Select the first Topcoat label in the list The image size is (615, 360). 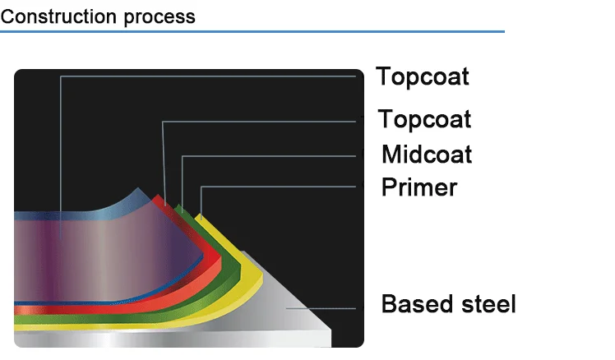click(x=423, y=76)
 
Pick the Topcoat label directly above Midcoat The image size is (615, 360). click(x=424, y=119)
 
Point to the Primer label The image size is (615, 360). click(x=419, y=187)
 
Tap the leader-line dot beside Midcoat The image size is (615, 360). click(x=363, y=155)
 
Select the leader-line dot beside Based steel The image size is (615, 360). click(x=363, y=306)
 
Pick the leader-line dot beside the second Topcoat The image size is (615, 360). click(x=363, y=121)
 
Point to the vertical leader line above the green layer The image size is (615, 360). click(x=182, y=181)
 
